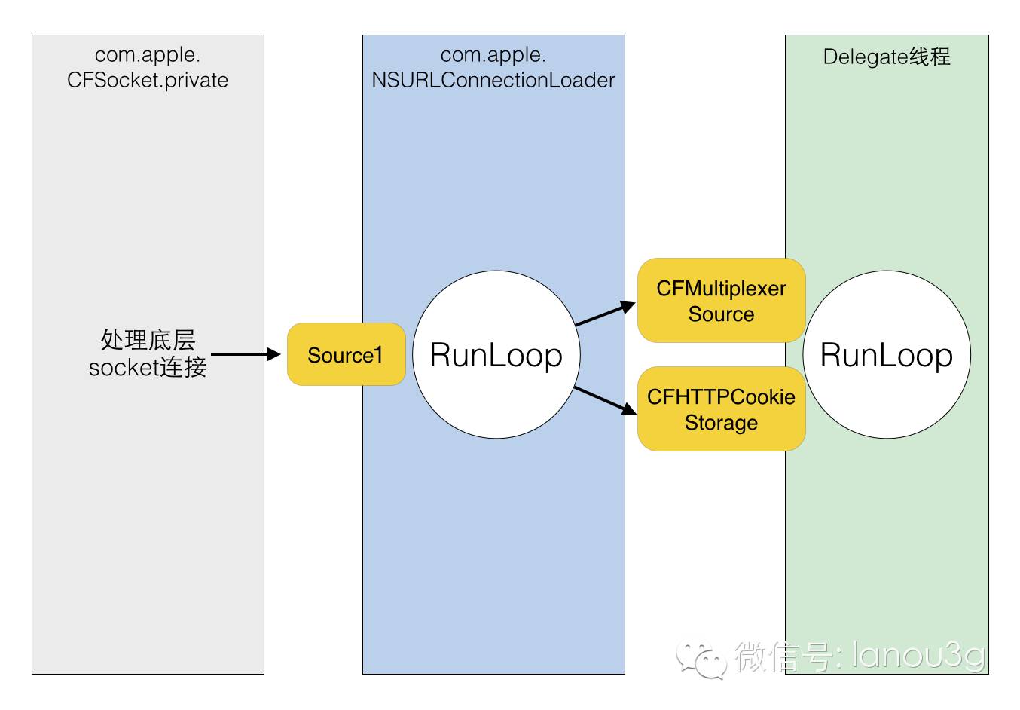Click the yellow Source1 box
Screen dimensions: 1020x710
tap(346, 354)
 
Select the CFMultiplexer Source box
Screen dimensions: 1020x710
tap(721, 300)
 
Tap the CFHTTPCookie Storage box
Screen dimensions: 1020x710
tap(721, 409)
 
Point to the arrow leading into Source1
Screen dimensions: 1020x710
tap(246, 354)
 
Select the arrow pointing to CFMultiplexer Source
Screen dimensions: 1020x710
tap(606, 314)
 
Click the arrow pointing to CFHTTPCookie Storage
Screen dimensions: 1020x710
tap(605, 401)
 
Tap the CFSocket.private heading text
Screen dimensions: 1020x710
tap(148, 80)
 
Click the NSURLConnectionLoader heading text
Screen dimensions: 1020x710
tap(493, 80)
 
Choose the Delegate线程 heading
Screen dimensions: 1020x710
tap(887, 57)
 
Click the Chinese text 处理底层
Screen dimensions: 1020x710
tap(148, 339)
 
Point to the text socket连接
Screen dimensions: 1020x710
tap(148, 367)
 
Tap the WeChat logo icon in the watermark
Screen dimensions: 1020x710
tap(701, 659)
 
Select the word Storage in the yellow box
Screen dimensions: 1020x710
tap(721, 422)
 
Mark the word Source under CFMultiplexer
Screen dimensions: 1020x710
tap(721, 314)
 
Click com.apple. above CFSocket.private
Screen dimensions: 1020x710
tap(148, 55)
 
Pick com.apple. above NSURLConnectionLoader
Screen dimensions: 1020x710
tap(493, 55)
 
